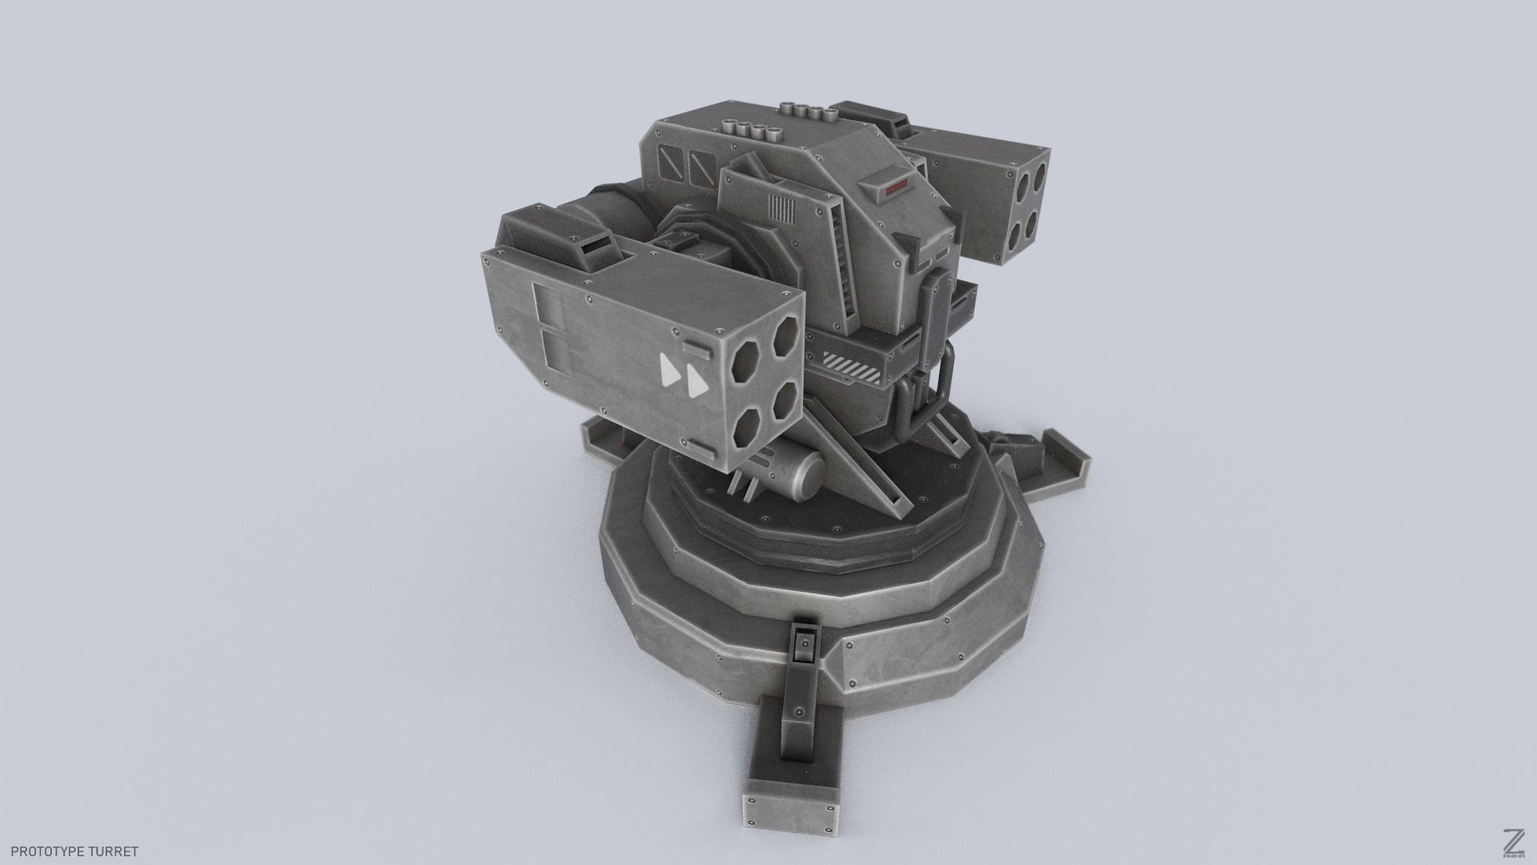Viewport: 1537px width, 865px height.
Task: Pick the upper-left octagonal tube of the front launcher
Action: tap(750, 363)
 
